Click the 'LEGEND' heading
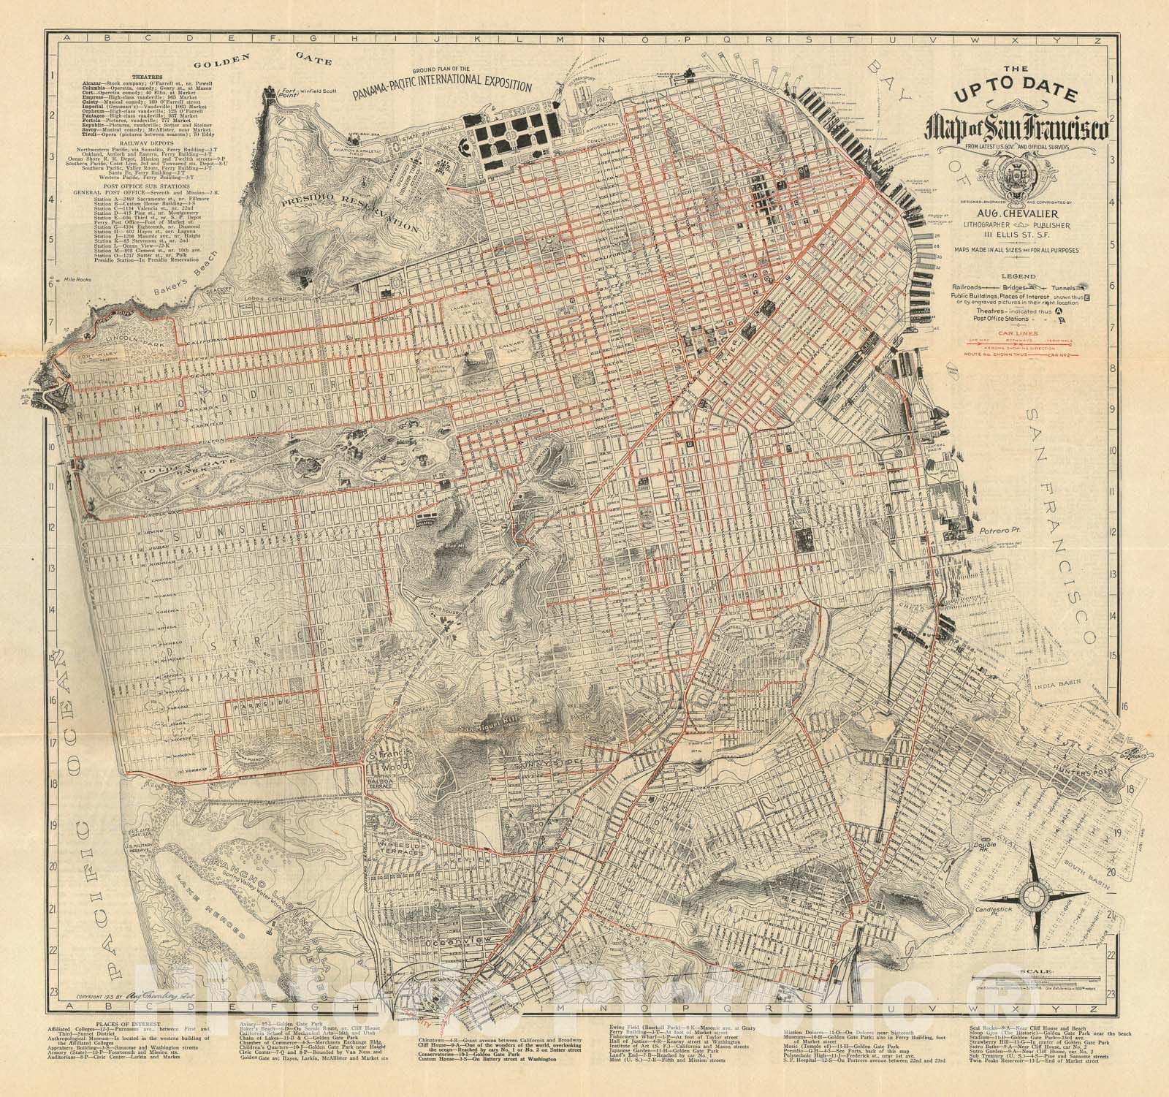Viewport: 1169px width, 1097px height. (1016, 276)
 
